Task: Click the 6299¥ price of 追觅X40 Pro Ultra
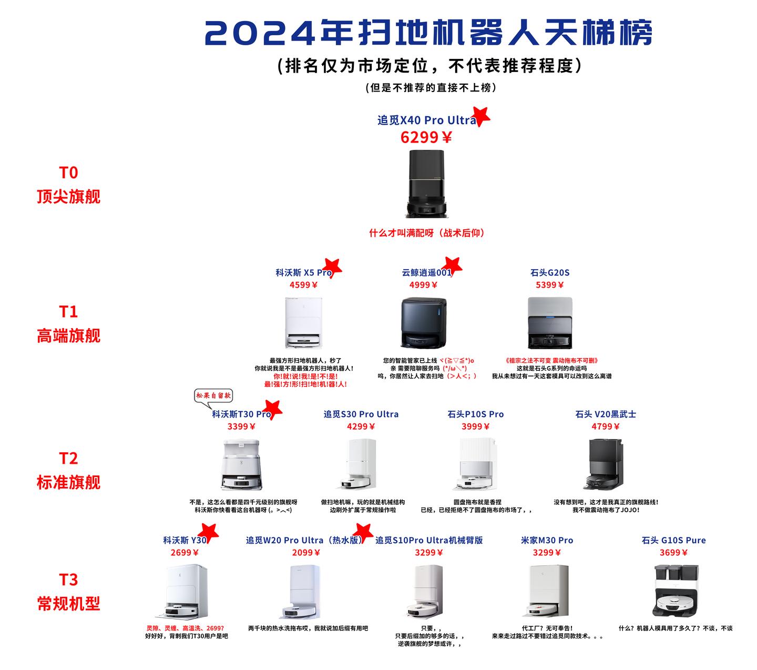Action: [426, 137]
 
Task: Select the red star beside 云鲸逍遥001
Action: [453, 266]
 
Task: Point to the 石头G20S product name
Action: [549, 272]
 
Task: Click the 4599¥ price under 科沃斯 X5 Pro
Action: [303, 285]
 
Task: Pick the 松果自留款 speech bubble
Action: [213, 396]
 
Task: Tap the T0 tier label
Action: [68, 172]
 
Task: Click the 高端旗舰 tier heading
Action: [68, 336]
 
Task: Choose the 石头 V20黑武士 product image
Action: [605, 463]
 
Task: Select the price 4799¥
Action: [605, 427]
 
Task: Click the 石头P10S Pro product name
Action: [475, 414]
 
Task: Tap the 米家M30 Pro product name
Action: [547, 540]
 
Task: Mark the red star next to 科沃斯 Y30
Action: [208, 532]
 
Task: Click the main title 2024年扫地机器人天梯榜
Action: [428, 34]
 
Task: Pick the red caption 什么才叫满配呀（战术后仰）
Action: [426, 232]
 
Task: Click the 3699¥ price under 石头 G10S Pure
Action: [673, 552]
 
